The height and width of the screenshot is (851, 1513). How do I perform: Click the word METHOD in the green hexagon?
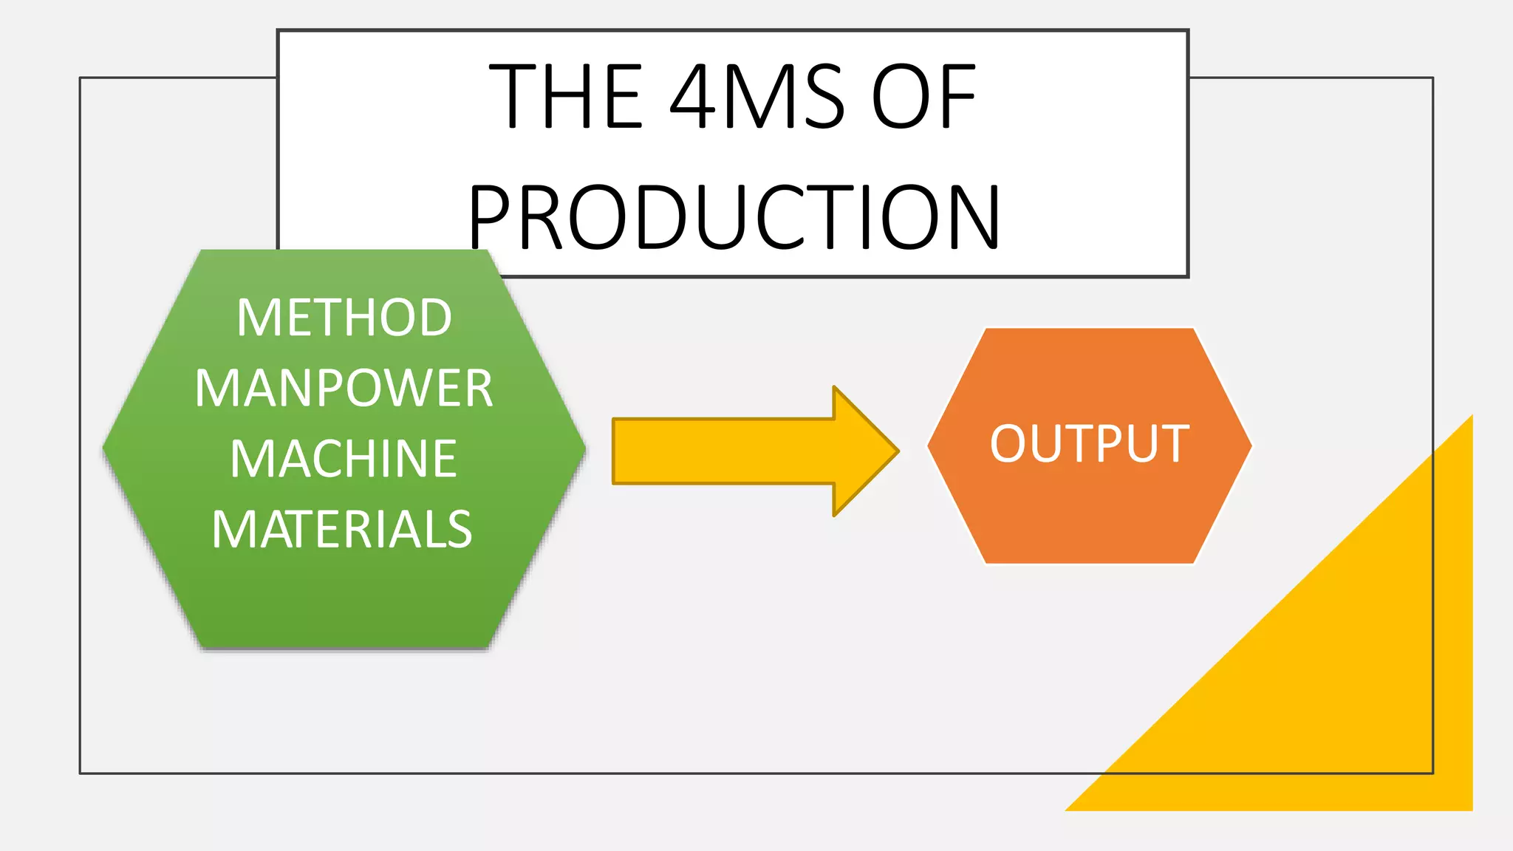coord(344,318)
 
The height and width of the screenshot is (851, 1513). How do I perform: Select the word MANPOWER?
coord(344,389)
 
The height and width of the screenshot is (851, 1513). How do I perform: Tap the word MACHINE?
coord(344,459)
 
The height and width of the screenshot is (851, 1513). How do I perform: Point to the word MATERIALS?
coord(342,530)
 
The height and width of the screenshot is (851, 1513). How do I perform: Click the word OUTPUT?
coord(1090,444)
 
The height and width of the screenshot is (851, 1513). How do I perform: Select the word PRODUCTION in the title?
coord(734,218)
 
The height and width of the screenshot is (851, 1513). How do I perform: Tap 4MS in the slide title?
coord(757,97)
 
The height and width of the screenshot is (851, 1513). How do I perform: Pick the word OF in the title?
coord(924,97)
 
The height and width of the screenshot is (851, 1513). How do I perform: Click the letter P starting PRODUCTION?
coord(492,218)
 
